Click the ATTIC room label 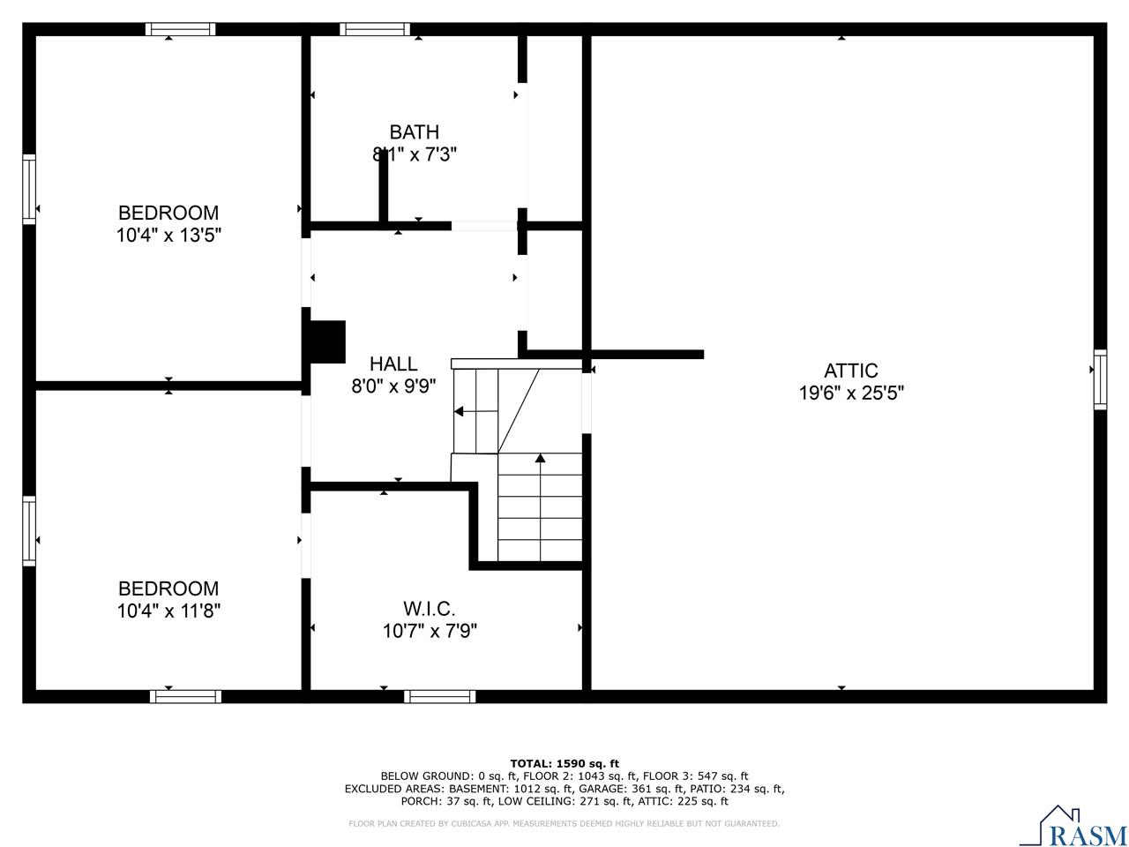(x=850, y=371)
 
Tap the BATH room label (x=414, y=132)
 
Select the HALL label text (x=393, y=364)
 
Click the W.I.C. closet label (x=430, y=609)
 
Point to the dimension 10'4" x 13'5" (x=168, y=236)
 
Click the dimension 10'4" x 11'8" (x=168, y=611)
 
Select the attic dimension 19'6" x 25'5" (x=851, y=394)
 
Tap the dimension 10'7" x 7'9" (x=430, y=632)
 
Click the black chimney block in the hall (x=327, y=341)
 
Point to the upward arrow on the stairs (x=540, y=458)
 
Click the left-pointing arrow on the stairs (x=460, y=411)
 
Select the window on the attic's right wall (x=1100, y=379)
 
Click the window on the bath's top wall (x=375, y=29)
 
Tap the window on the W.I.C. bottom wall (x=440, y=696)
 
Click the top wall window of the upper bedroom (x=181, y=29)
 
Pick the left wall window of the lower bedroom (x=29, y=530)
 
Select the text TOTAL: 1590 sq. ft (x=564, y=763)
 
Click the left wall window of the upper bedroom (x=29, y=189)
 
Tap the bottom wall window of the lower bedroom (x=185, y=696)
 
